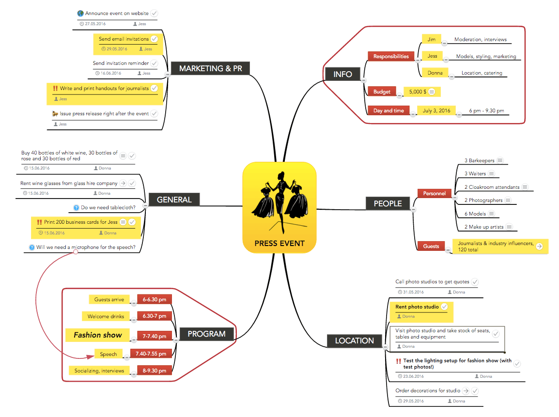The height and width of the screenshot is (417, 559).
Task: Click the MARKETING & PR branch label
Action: click(x=210, y=68)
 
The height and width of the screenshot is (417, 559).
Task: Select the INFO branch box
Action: click(x=342, y=74)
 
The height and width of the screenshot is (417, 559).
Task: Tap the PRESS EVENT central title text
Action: click(x=279, y=243)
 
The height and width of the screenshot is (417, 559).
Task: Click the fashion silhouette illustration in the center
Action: click(x=280, y=200)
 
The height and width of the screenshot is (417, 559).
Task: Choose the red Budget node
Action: click(x=382, y=92)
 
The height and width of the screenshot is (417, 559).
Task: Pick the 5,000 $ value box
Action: click(x=417, y=92)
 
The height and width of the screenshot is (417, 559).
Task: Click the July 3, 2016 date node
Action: click(x=436, y=110)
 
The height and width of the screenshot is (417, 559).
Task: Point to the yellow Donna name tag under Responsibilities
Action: click(x=435, y=73)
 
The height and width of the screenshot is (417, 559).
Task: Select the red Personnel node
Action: click(x=434, y=193)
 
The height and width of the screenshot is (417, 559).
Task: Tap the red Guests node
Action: click(x=431, y=246)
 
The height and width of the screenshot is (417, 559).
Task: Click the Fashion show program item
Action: click(x=97, y=335)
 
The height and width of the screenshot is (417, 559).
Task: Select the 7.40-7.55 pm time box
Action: click(x=151, y=354)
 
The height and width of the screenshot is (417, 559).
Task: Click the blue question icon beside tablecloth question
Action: click(x=76, y=208)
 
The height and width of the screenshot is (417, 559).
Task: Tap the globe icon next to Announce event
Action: click(x=80, y=14)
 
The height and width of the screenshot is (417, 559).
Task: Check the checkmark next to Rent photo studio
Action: click(x=444, y=307)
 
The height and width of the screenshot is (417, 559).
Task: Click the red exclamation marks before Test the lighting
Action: click(x=398, y=361)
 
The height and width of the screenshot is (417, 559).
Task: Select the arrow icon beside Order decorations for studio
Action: click(x=466, y=391)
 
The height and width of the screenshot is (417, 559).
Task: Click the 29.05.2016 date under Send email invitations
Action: click(x=117, y=49)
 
